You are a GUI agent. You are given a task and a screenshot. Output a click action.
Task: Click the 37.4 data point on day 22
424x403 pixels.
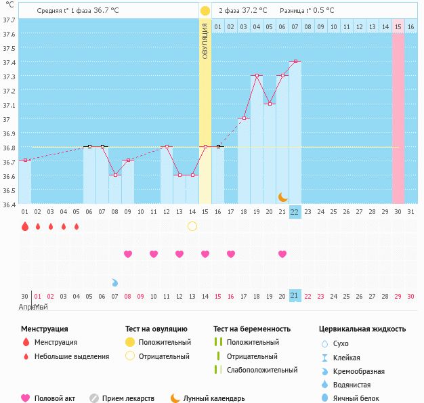pyautogui.click(x=295, y=62)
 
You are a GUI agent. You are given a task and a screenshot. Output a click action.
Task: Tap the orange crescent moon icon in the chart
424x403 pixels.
pyautogui.click(x=282, y=197)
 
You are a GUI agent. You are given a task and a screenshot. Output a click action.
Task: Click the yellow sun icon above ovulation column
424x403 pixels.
pyautogui.click(x=205, y=11)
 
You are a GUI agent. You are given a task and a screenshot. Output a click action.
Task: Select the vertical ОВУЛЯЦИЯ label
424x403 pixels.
pyautogui.click(x=205, y=41)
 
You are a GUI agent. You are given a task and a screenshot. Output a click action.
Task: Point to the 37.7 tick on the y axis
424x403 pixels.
pyautogui.click(x=9, y=20)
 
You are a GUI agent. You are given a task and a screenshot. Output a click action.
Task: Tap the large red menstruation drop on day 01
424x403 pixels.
pyautogui.click(x=25, y=226)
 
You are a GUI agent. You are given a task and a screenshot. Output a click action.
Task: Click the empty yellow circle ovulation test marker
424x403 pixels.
pyautogui.click(x=192, y=226)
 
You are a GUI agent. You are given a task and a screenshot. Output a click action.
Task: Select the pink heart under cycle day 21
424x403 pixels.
pyautogui.click(x=282, y=254)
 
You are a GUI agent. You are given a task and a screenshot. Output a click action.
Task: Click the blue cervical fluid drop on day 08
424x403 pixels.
pyautogui.click(x=115, y=282)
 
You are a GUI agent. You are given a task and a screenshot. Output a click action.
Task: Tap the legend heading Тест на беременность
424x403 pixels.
pyautogui.click(x=252, y=329)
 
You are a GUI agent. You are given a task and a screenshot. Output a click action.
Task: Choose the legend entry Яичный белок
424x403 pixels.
pyautogui.click(x=357, y=398)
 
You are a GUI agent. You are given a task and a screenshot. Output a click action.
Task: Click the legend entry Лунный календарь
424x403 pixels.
pyautogui.click(x=213, y=398)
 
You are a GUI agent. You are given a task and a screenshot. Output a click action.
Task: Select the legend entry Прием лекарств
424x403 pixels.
pyautogui.click(x=128, y=398)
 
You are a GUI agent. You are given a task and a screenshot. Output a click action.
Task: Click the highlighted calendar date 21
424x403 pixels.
pyautogui.click(x=295, y=295)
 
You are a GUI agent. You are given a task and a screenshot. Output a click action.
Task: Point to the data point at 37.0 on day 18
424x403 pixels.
pyautogui.click(x=244, y=118)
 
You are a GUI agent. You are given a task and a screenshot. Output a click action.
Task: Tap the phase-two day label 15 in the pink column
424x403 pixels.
pyautogui.click(x=398, y=26)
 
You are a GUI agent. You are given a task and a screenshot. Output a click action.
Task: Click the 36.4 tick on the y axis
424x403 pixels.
pyautogui.click(x=9, y=203)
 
